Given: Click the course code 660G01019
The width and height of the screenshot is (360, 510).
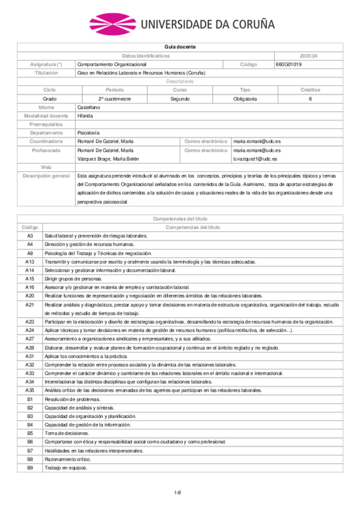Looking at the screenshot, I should click(x=288, y=64).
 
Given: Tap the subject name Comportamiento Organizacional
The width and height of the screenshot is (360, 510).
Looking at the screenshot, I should click(x=112, y=64).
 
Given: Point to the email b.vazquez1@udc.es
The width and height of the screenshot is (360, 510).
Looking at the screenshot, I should click(x=255, y=158).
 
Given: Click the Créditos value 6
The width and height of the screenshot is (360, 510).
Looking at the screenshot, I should click(x=310, y=98).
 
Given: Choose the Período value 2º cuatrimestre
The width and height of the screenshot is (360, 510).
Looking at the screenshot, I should click(x=115, y=98).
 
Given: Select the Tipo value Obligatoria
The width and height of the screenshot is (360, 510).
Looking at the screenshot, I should click(x=245, y=98).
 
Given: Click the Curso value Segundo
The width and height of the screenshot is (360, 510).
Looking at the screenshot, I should click(x=180, y=98).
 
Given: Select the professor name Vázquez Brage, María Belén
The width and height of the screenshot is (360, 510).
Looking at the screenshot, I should click(x=107, y=158).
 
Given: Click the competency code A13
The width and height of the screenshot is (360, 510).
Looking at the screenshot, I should click(x=29, y=262).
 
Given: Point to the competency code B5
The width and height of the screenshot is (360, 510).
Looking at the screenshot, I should click(x=29, y=433).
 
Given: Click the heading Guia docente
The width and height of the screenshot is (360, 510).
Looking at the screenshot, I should click(x=180, y=47).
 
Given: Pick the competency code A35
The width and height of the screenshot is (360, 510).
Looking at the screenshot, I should click(x=29, y=390).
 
